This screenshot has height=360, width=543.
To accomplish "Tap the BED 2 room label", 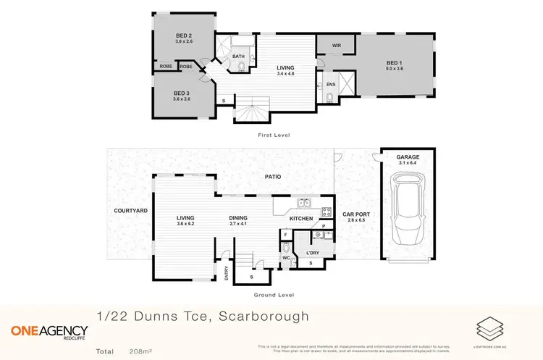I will point(182,35).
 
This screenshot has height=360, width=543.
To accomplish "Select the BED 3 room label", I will point(181,93).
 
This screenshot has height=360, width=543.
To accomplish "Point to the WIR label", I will point(336,45).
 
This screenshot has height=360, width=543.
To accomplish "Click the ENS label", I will point(331,85).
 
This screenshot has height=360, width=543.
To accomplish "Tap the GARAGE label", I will point(408,157).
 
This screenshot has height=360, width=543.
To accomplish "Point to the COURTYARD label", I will point(131,210).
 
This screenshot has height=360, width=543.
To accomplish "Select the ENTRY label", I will point(227,273).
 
